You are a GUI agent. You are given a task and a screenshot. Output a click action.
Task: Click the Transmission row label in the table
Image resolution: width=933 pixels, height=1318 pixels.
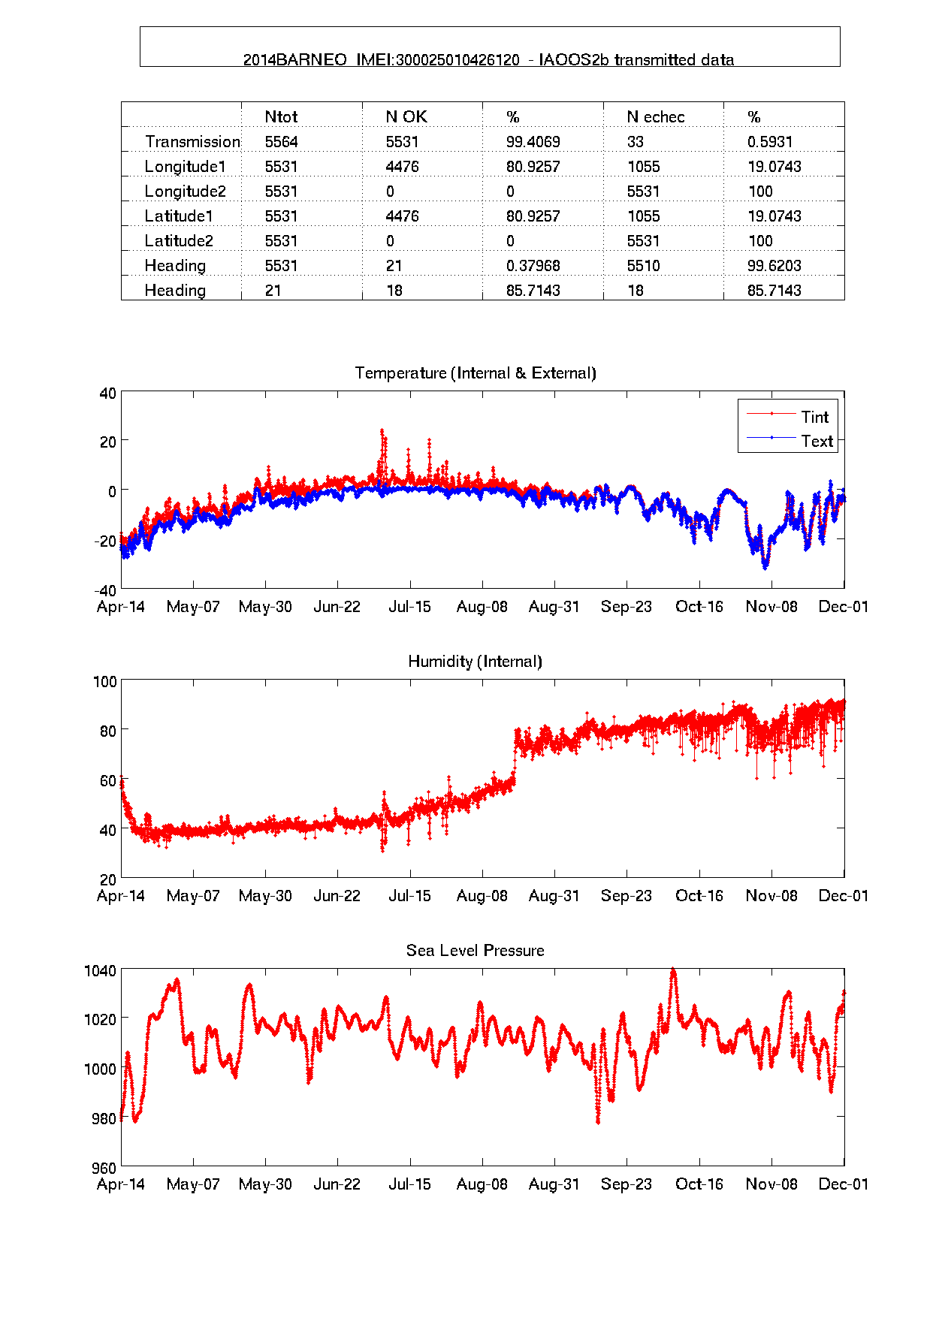[x=192, y=142]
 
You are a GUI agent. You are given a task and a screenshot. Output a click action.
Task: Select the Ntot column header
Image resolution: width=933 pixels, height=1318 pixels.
[x=281, y=117]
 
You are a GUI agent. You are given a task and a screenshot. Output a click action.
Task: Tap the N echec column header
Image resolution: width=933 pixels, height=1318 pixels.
[x=655, y=117]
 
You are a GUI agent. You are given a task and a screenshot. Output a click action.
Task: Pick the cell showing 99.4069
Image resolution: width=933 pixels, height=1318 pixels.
[x=533, y=142]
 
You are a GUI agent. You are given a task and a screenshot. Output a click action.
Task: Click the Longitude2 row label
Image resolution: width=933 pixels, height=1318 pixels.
[x=185, y=192]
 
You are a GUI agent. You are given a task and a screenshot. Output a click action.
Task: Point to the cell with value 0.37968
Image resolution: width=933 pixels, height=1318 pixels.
[x=533, y=266]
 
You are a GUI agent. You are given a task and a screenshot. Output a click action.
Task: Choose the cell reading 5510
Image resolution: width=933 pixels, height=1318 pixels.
[x=643, y=266]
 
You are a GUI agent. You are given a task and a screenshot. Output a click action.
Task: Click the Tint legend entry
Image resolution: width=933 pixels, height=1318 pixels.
[x=814, y=417]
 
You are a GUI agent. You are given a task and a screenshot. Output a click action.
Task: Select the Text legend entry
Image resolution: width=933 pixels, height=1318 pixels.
[x=817, y=442]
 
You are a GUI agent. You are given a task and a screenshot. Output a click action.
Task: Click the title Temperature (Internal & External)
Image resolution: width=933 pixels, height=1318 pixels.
[x=475, y=373]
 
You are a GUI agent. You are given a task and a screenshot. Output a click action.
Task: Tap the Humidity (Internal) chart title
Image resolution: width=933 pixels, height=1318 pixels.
[x=475, y=662]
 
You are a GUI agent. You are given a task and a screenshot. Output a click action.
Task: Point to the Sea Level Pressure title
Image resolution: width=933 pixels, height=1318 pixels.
[x=475, y=951]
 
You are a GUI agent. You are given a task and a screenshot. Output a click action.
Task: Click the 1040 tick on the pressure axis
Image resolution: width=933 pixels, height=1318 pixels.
[x=100, y=971]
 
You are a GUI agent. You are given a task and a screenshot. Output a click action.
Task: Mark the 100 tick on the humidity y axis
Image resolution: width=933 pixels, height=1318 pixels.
[x=104, y=682]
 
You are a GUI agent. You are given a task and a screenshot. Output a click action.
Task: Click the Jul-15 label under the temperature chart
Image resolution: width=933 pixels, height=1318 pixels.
[x=409, y=607]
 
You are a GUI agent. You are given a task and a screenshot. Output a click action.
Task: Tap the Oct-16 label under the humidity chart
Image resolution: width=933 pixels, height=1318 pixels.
[x=699, y=896]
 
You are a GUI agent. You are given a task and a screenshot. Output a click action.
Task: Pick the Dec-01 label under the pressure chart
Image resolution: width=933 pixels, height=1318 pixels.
[x=843, y=1184]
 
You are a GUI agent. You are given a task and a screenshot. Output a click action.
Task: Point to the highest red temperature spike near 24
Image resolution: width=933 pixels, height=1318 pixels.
[x=382, y=430]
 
